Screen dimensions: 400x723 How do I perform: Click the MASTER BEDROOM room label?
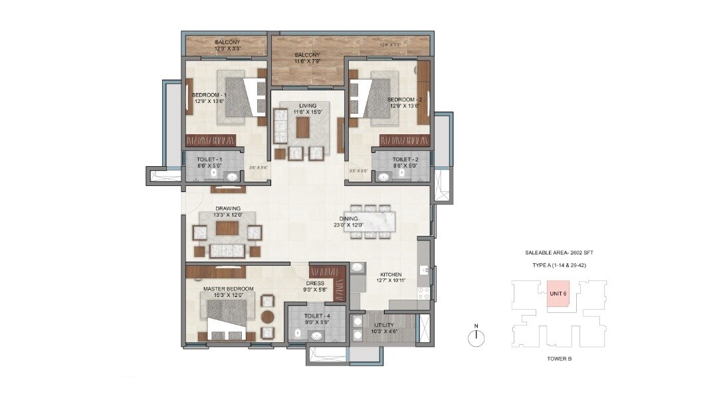coord(228,288)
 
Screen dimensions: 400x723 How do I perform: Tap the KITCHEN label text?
coord(391,274)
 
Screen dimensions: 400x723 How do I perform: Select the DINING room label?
coord(349,218)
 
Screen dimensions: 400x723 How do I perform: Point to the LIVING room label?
coord(308,105)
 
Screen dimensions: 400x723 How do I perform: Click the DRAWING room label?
coord(209,208)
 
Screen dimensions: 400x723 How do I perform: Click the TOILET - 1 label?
coord(209,160)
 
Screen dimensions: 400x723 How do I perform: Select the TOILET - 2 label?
coord(405,160)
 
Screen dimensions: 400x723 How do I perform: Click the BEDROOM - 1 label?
coord(209,95)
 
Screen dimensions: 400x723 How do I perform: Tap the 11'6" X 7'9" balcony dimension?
coord(307,61)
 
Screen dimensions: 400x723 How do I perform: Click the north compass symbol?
coord(476,338)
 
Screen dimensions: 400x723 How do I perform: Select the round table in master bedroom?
coord(267,316)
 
